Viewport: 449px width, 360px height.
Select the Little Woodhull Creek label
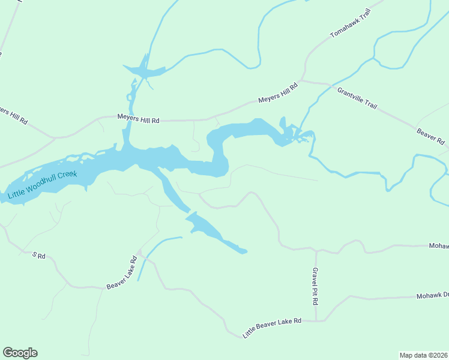[x=43, y=185]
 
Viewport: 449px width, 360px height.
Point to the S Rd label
[x=39, y=256]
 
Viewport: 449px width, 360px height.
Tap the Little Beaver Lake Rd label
[x=272, y=328]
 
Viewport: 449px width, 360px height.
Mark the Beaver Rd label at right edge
[x=432, y=136]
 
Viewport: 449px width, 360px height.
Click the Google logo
[x=20, y=353]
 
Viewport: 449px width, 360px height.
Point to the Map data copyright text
[x=423, y=355]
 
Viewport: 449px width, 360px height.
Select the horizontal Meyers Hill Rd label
[x=138, y=120]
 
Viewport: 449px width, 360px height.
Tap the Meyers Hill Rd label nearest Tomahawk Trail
[x=277, y=94]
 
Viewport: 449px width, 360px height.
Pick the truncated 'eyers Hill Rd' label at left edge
[x=13, y=115]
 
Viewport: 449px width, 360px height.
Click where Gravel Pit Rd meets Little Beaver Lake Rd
[x=316, y=321]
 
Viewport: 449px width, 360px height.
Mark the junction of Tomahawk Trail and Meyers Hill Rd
[x=304, y=79]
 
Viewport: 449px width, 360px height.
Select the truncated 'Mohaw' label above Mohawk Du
[x=438, y=246]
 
